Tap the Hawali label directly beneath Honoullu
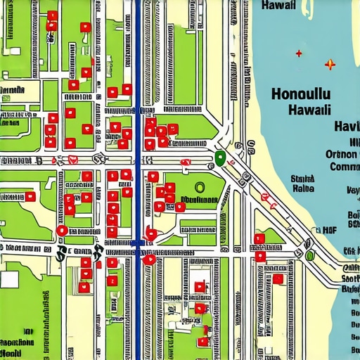coord(309,110)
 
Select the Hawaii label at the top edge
coord(282,5)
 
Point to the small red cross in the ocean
coord(300,53)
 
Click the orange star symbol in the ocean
coord(330,65)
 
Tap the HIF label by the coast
coord(328,229)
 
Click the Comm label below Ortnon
coord(344,167)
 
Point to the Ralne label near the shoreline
coord(303,188)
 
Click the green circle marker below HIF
coord(309,255)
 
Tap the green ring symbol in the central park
coord(199,187)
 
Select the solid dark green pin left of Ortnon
coord(219,157)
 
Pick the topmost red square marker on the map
coord(53,15)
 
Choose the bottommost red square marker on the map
coord(203,342)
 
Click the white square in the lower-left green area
coord(9,278)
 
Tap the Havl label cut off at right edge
coord(347,127)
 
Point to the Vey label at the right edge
coord(352,191)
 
